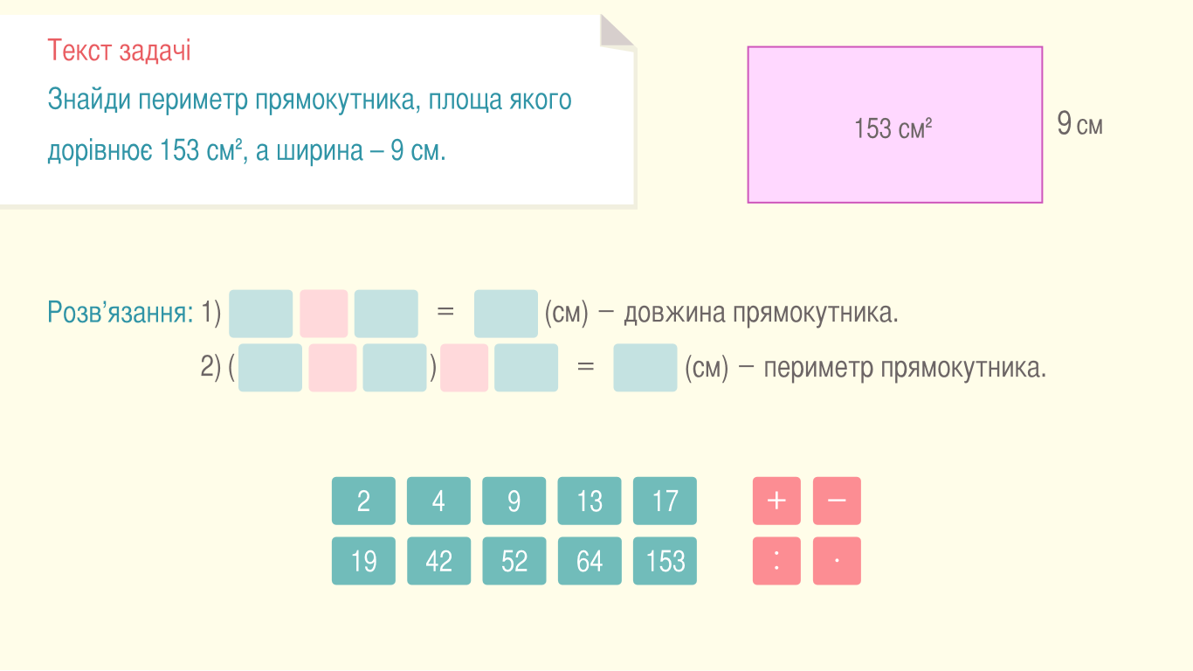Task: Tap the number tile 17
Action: click(665, 501)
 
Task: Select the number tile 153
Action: click(665, 561)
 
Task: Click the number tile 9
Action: click(514, 501)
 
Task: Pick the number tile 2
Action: click(363, 501)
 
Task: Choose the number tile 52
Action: click(514, 561)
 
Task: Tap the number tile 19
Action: click(363, 561)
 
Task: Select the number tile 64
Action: click(590, 561)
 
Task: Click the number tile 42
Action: click(438, 561)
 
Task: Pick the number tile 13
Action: click(590, 501)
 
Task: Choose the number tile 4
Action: click(438, 501)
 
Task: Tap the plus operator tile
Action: click(776, 501)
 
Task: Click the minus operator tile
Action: click(837, 501)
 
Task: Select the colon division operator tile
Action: click(776, 561)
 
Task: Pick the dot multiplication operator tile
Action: click(837, 561)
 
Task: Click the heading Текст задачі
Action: click(119, 52)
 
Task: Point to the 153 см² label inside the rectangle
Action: click(893, 129)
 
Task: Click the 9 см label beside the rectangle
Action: click(1079, 124)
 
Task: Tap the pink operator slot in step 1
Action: click(324, 314)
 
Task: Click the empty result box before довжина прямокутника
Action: click(506, 314)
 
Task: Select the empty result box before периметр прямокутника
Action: click(645, 368)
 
